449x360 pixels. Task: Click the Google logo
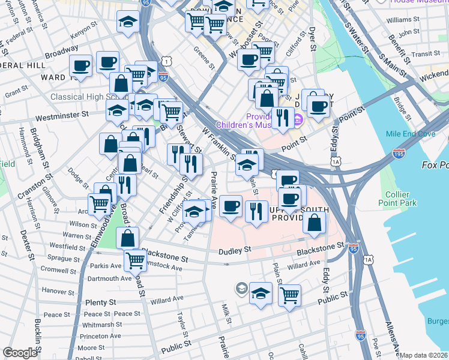coord(20,353)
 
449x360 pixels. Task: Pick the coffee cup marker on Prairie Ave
coord(231,207)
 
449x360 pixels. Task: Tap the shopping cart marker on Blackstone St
coord(135,260)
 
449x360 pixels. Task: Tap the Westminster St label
coord(61,113)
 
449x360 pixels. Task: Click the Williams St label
coord(399,20)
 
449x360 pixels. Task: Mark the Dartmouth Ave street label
coord(109,278)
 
